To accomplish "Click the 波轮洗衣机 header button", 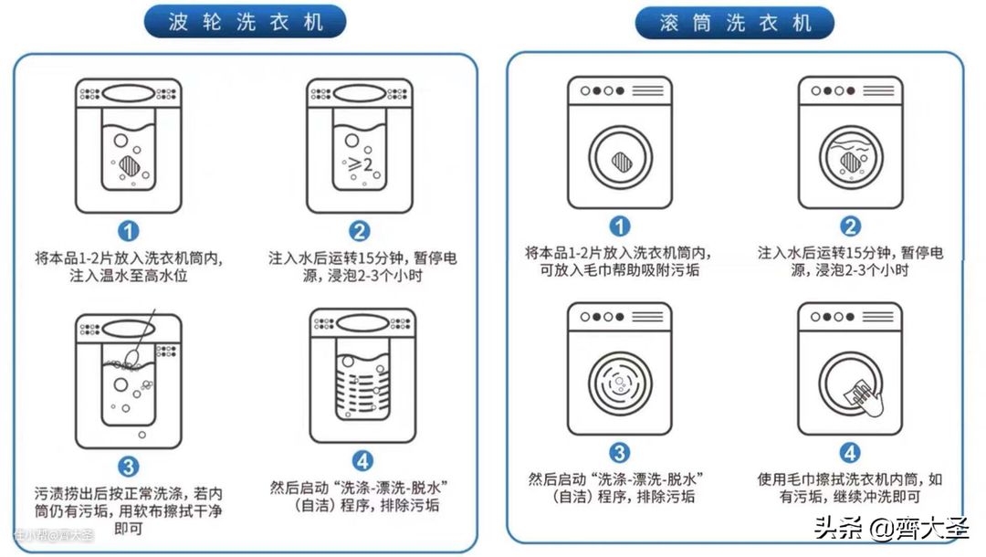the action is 246,22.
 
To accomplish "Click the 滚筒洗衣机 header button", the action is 735,23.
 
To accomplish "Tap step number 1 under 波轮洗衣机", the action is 129,231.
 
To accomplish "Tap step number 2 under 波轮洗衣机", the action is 360,231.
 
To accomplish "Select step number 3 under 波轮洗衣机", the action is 129,468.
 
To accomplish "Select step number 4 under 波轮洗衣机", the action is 362,461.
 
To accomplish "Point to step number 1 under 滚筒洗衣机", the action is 619,226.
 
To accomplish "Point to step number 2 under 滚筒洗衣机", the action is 850,226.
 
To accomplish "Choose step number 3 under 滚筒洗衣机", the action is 619,453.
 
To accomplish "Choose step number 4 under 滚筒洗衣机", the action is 850,453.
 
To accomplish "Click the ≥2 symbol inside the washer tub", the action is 361,164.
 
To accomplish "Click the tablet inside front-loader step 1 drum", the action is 622,162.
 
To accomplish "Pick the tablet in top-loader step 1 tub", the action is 130,165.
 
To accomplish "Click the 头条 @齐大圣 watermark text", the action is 891,527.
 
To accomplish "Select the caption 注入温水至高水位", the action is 129,276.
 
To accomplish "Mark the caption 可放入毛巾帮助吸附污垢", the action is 619,270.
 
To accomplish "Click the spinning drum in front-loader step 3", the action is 620,384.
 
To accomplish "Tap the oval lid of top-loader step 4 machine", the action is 362,323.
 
